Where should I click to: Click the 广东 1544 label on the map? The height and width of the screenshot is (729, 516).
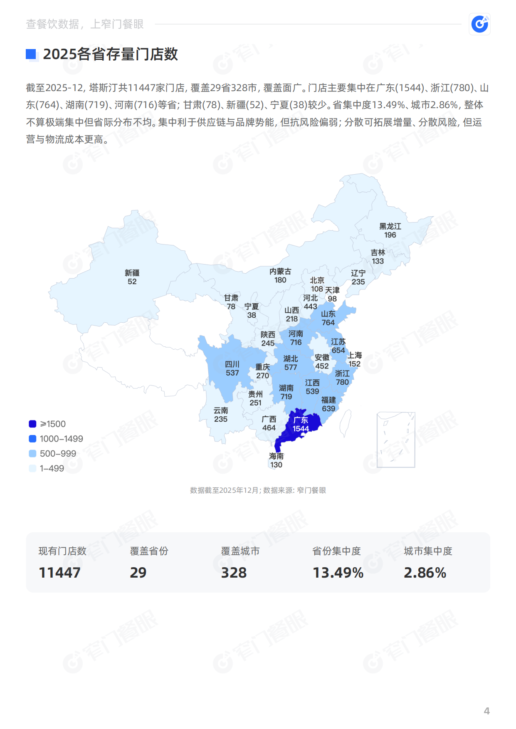(x=301, y=425)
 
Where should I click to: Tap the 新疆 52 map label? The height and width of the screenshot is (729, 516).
(x=132, y=277)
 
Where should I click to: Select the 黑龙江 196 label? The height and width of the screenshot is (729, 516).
(x=390, y=231)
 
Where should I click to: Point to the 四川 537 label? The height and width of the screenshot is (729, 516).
(x=232, y=368)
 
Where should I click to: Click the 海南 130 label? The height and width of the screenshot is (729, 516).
(x=276, y=460)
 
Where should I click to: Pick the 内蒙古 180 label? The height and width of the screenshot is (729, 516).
(x=280, y=276)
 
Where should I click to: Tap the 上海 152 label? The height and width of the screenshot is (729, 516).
(x=354, y=360)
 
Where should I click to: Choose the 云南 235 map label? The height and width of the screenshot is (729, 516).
(x=221, y=415)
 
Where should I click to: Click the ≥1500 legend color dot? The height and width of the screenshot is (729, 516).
(x=32, y=424)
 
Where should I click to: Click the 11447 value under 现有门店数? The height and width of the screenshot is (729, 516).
(x=59, y=573)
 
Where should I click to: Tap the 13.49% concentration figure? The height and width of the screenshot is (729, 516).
(x=338, y=573)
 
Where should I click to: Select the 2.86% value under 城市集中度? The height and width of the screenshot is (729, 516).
(x=425, y=573)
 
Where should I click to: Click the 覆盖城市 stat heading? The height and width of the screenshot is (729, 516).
(x=240, y=551)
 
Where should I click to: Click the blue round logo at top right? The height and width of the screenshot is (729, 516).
(x=479, y=24)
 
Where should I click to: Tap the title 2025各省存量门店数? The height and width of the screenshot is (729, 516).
(x=110, y=54)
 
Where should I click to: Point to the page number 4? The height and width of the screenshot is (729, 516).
(x=486, y=711)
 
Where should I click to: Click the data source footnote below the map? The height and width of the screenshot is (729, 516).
(x=258, y=490)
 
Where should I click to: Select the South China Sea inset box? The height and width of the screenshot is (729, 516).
(x=396, y=440)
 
